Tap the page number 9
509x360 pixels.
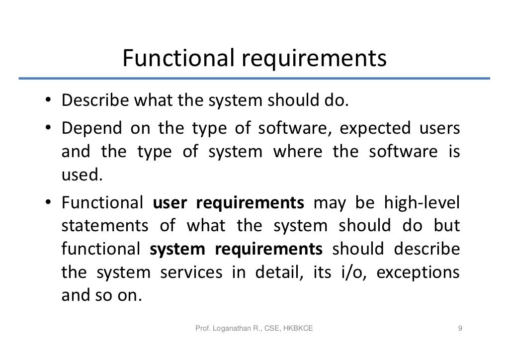tap(460, 328)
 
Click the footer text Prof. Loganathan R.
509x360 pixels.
tap(229, 328)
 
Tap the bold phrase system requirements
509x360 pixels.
tap(236, 249)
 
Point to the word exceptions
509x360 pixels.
tap(419, 272)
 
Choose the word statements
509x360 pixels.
tap(105, 226)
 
